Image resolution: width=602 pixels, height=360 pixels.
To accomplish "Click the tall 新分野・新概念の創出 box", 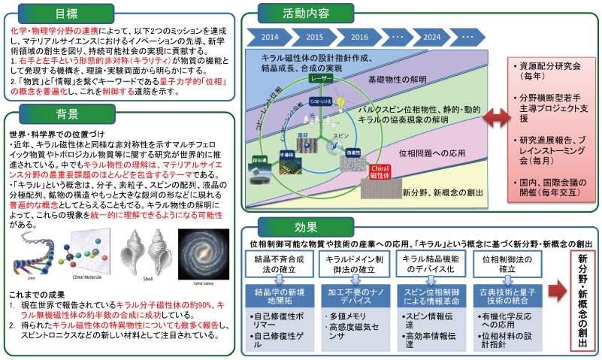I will click(581, 300).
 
